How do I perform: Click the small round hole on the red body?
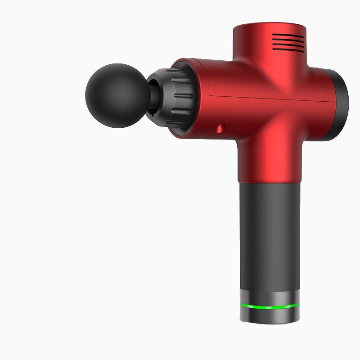[220, 129]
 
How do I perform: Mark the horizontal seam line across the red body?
[270, 97]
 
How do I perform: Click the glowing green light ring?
[270, 307]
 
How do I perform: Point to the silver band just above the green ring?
[270, 297]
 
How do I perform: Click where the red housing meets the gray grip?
[269, 183]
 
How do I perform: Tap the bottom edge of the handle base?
[270, 322]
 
